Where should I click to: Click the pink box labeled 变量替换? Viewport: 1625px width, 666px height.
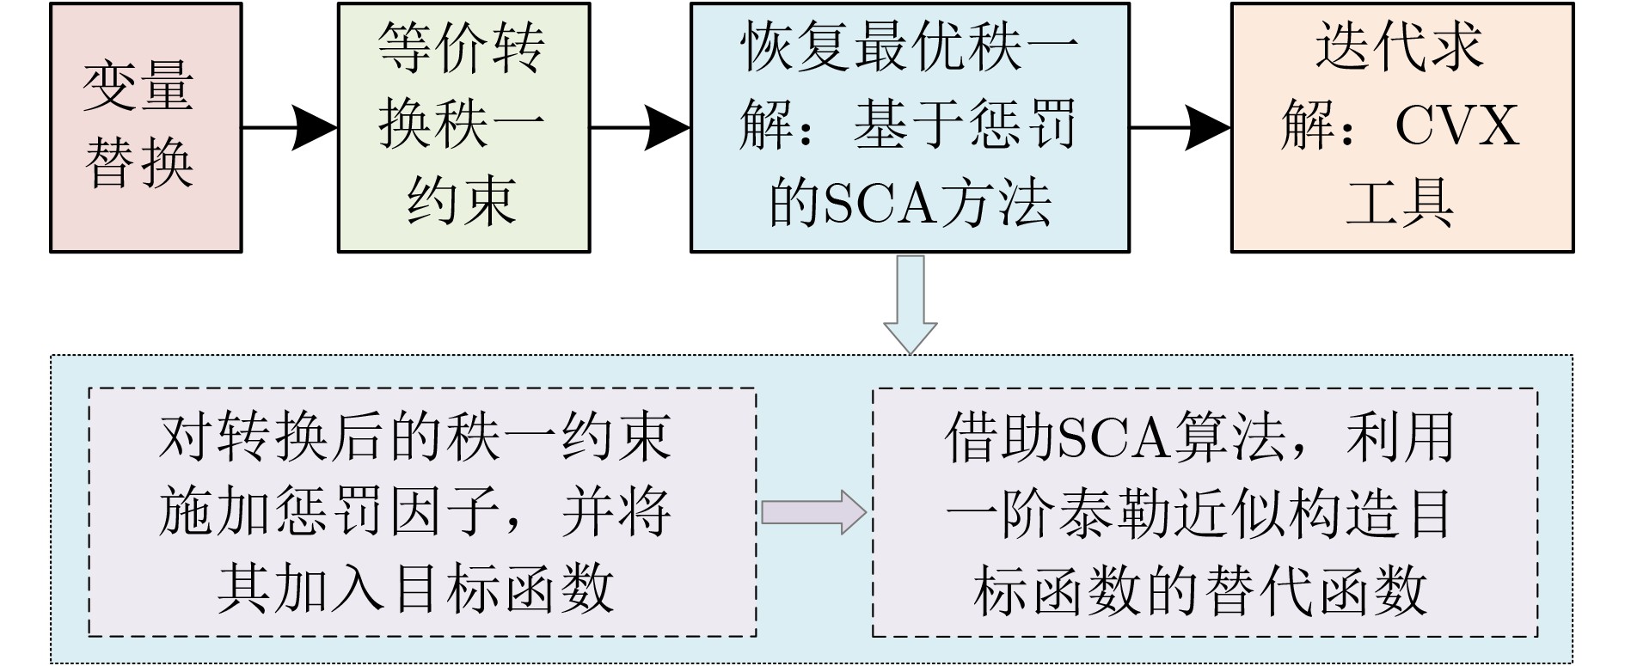(x=145, y=127)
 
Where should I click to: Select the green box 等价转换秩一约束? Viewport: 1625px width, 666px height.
(x=463, y=127)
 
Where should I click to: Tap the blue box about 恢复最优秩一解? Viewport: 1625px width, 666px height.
(x=909, y=127)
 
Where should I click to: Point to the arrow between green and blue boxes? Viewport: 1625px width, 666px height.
(x=640, y=128)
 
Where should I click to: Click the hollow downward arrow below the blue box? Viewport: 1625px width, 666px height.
(x=910, y=303)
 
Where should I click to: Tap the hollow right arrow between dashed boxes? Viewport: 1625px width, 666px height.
(x=813, y=513)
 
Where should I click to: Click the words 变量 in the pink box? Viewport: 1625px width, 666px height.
(x=138, y=86)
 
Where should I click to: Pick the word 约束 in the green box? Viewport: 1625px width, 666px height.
(x=463, y=201)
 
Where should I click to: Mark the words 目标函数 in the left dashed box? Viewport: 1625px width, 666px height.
(x=502, y=588)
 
